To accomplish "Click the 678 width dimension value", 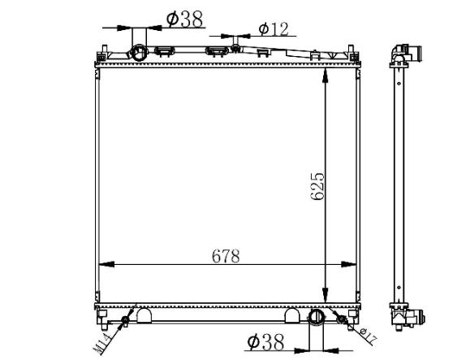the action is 226,256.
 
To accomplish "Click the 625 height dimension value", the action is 317,187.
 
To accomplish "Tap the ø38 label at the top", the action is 184,20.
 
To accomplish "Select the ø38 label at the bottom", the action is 265,341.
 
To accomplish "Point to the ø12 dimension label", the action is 274,29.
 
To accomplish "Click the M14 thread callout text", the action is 101,344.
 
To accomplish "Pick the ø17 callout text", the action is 369,336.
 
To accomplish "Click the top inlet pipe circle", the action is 139,53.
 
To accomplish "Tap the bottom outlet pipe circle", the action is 317,317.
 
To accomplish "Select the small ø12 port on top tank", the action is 236,48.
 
